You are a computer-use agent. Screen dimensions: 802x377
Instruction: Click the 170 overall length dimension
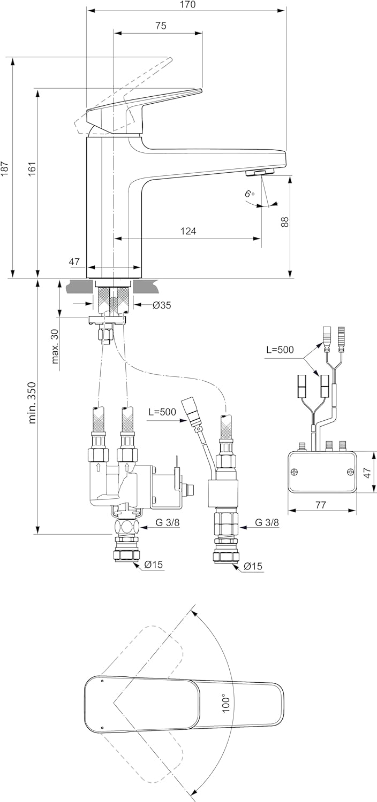tap(187, 5)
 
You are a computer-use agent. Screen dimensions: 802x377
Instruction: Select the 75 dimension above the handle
tap(160, 26)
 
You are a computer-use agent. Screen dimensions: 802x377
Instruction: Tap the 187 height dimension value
tap(5, 169)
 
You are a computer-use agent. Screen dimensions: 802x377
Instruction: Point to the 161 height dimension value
tap(32, 169)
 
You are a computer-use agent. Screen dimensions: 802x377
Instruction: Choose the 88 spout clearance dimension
tap(285, 221)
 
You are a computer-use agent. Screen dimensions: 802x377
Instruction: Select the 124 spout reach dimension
tap(188, 231)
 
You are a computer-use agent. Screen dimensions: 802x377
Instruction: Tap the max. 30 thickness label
tap(56, 346)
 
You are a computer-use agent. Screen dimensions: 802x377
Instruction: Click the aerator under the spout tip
tap(259, 172)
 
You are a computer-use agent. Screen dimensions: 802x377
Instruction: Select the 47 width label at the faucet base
tap(74, 261)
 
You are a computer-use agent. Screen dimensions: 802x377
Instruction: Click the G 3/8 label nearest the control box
tap(267, 523)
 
